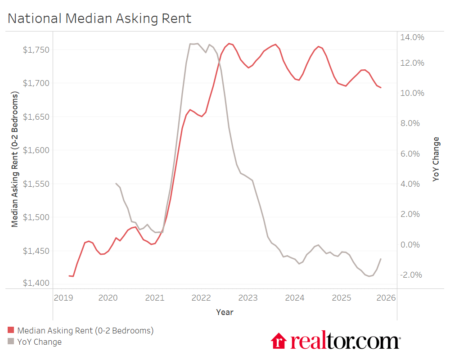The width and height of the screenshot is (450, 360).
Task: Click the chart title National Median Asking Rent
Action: tap(99, 18)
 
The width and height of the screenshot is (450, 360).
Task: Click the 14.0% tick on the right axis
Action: tap(412, 37)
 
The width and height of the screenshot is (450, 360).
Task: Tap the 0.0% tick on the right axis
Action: tap(412, 245)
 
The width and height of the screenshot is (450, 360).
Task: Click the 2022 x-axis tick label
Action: tap(201, 298)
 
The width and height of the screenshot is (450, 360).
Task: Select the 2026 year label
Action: tap(386, 298)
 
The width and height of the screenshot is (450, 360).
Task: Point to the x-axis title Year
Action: tap(225, 312)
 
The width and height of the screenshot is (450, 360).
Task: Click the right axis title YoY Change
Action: tap(436, 159)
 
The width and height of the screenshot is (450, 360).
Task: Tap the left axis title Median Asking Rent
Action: tap(15, 160)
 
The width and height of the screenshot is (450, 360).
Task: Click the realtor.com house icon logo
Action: tap(279, 341)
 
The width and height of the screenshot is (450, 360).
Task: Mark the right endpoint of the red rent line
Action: tap(381, 88)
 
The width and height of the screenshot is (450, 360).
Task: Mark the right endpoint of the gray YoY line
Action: tap(381, 259)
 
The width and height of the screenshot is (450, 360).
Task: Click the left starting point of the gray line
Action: tap(116, 183)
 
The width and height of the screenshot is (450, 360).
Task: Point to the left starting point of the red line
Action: tap(69, 276)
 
